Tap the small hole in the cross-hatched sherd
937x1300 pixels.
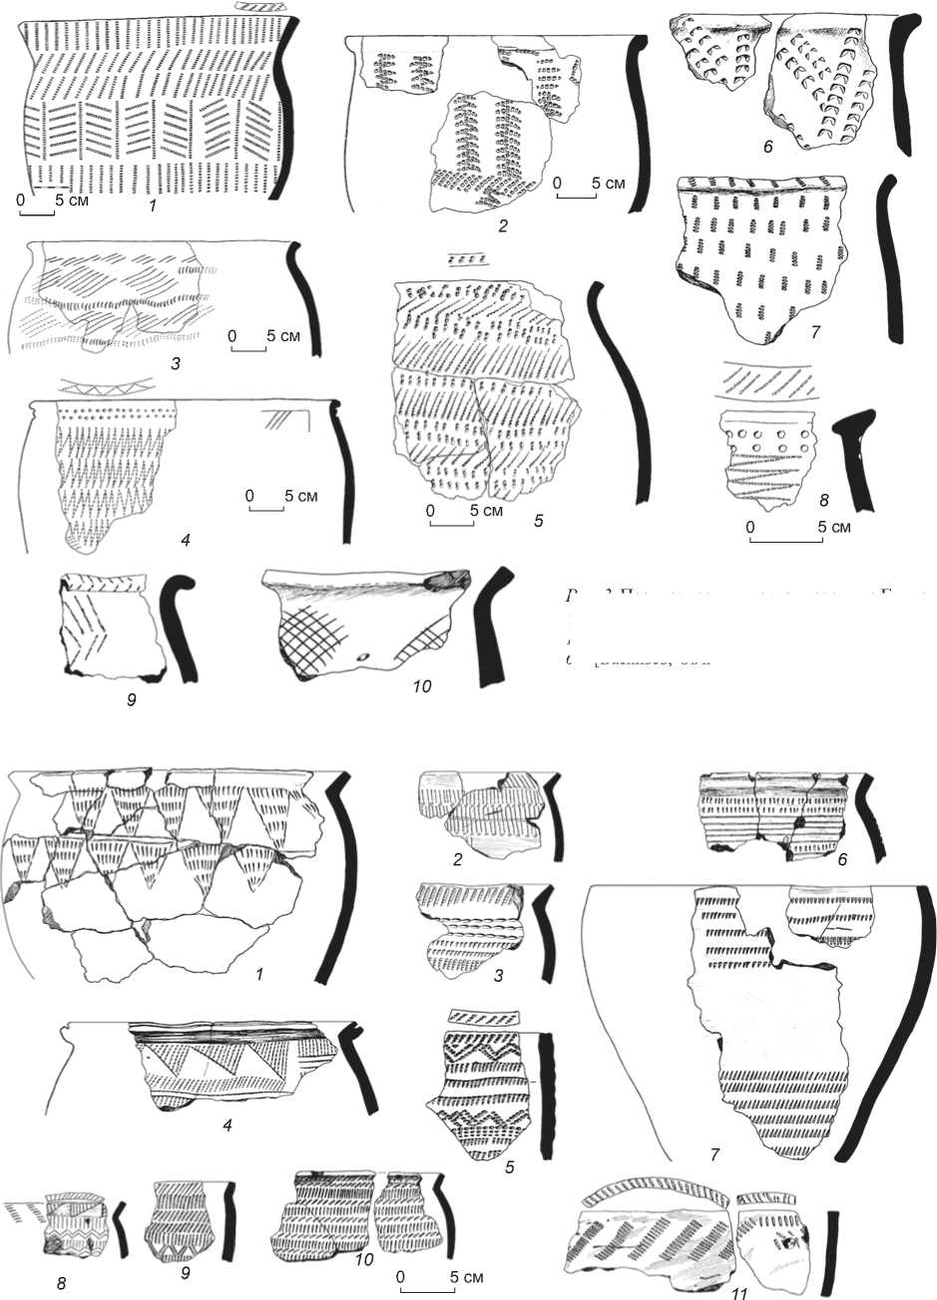tap(364, 655)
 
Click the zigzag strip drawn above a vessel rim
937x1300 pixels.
tap(108, 386)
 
